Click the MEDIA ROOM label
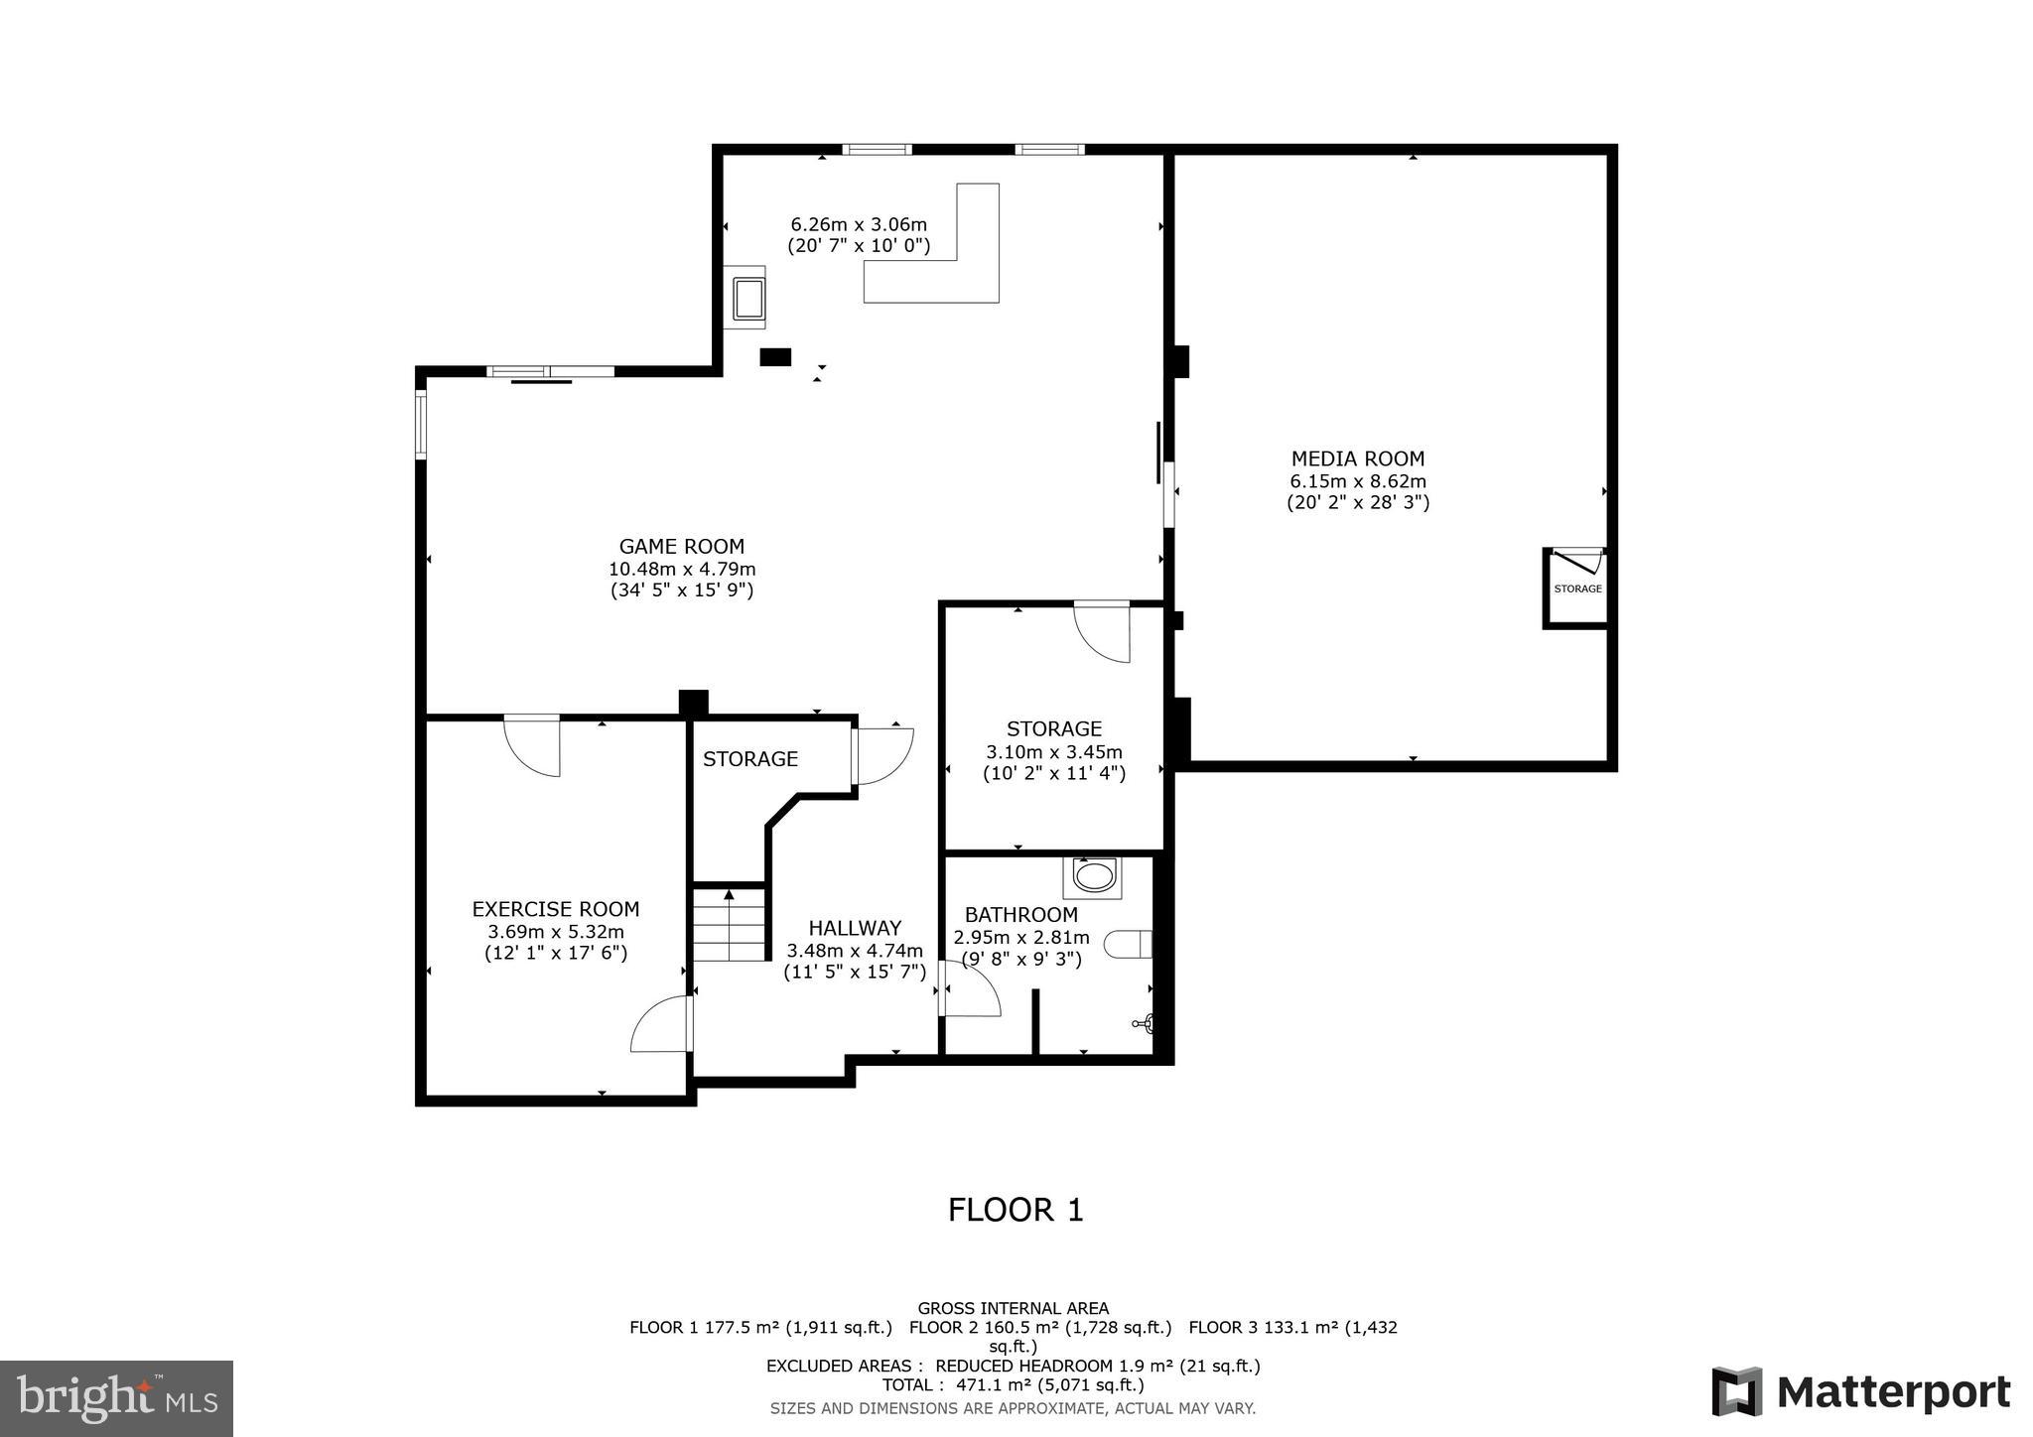coord(1357,458)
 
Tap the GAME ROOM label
coord(681,546)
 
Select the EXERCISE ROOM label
coord(555,909)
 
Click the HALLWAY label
coord(854,928)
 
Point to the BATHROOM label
coord(1020,915)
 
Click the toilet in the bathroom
coord(1130,944)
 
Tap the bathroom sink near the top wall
coord(1093,876)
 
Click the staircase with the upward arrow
coord(730,925)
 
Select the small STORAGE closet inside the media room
coord(1576,588)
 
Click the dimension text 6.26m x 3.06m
coord(858,224)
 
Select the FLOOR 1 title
coord(1016,1210)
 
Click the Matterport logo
coord(1860,1392)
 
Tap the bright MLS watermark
coord(116,1398)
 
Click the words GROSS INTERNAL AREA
coord(1013,1308)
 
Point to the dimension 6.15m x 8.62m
coord(1357,481)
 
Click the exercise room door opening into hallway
coord(661,1024)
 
